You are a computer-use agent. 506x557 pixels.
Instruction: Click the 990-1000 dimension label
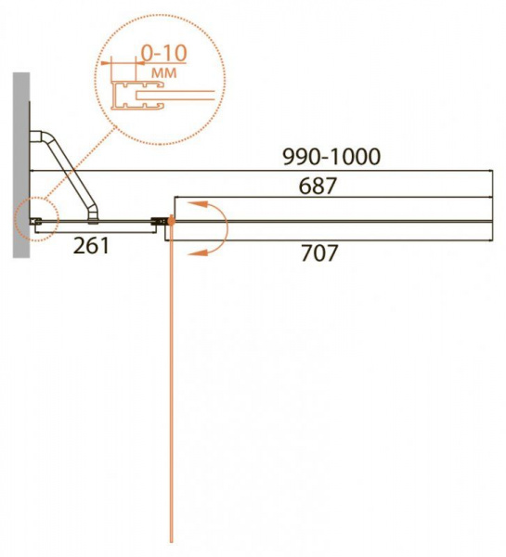331,157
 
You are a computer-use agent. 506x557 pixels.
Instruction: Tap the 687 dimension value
318,186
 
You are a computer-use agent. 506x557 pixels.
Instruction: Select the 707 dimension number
318,253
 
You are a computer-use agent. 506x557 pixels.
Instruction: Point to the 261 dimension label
91,245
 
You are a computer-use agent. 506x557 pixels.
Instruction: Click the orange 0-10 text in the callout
163,53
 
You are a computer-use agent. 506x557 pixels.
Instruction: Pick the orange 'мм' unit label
163,72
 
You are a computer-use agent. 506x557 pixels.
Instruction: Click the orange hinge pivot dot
171,222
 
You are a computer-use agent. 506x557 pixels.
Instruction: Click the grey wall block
21,165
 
